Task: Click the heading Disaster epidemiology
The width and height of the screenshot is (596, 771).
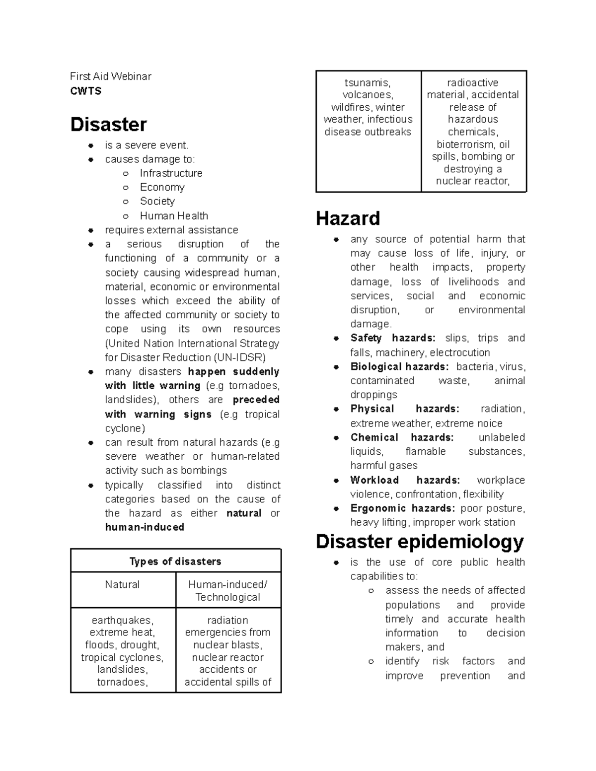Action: (x=420, y=542)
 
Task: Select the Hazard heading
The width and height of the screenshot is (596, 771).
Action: (x=348, y=218)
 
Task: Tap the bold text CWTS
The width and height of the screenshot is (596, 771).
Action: (x=86, y=91)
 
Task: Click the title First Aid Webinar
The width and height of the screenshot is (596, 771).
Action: (x=110, y=76)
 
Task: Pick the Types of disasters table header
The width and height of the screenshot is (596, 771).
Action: (x=175, y=561)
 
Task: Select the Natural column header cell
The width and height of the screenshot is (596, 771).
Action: (x=122, y=584)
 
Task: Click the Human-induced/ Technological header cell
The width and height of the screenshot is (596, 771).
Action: (x=227, y=590)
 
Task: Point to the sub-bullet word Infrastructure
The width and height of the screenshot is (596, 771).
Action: (x=171, y=173)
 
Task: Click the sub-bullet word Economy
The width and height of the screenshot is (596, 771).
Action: (x=162, y=187)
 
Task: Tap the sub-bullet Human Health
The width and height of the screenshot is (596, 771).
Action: (x=174, y=215)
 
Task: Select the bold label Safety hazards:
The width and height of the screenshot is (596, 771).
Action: (x=392, y=338)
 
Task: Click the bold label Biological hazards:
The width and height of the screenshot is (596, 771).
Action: (x=399, y=366)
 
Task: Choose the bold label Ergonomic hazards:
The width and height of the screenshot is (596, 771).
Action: (x=402, y=508)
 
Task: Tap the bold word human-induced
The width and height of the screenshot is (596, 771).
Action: (x=145, y=527)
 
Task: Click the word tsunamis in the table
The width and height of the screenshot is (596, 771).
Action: (x=368, y=83)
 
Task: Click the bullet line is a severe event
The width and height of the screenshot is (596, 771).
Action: (x=147, y=145)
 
